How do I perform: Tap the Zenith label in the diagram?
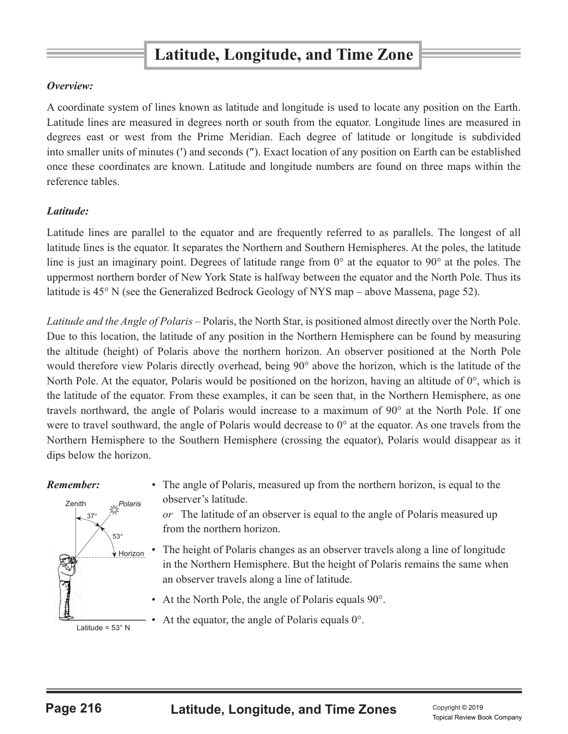pos(75,504)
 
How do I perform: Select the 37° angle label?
pos(92,516)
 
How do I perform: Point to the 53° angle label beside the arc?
pos(118,537)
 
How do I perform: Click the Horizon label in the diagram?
pos(131,554)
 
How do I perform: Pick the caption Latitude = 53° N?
pos(103,628)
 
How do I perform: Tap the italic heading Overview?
pos(70,86)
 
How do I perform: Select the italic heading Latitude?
pos(67,212)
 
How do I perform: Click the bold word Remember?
pos(73,485)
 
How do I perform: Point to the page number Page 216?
pos(74,708)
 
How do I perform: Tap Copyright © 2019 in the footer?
pos(458,707)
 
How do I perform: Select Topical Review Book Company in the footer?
pos(477,718)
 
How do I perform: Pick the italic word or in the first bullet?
pos(167,514)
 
